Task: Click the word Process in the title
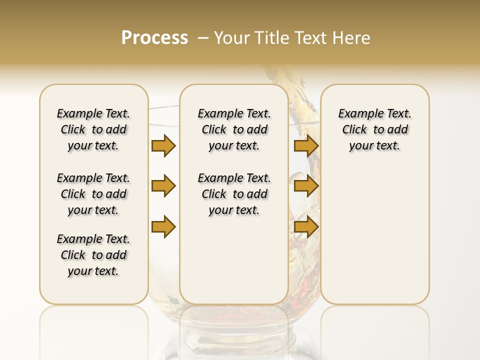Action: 154,38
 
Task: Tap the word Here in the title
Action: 352,38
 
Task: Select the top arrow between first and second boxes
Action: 163,145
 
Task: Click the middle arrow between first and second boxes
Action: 163,186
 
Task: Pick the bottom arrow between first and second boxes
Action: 163,227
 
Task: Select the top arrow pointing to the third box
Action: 306,145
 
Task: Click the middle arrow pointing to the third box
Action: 306,186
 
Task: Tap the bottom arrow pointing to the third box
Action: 306,227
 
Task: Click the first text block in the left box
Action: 93,129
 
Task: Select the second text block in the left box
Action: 93,194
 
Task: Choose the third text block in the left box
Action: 93,255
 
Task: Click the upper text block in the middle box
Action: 234,129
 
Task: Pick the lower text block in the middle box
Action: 234,194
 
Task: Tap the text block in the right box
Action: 374,129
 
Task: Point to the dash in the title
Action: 202,38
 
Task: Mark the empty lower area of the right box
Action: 374,230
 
